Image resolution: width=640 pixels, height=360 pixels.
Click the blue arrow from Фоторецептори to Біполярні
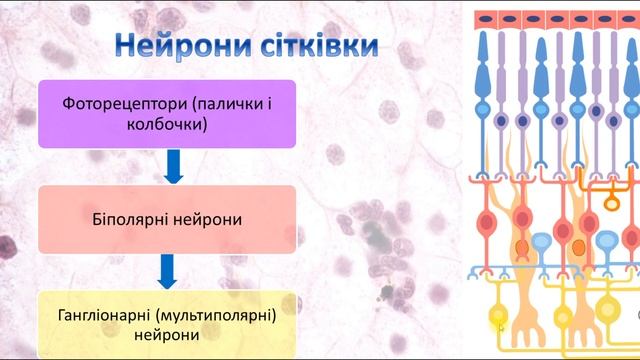tap(173, 168)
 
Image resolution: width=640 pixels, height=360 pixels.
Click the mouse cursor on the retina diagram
tap(499, 325)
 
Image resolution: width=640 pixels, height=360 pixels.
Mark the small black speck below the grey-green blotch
tap(385, 293)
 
